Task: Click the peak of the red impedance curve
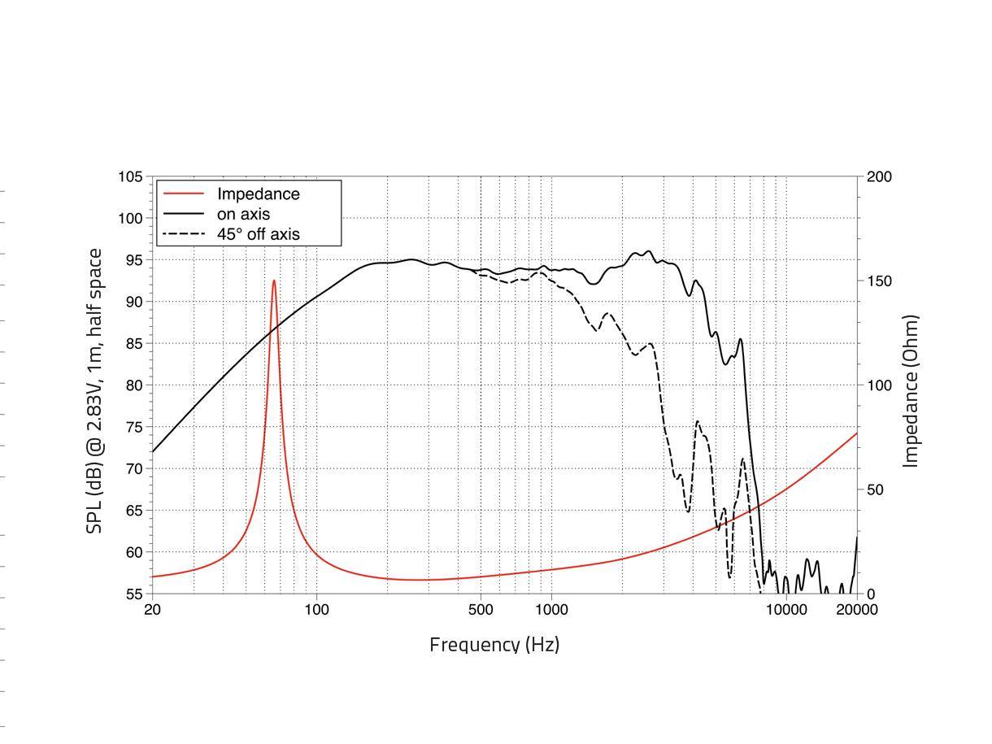click(274, 281)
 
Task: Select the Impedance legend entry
click(258, 194)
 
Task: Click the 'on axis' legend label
click(243, 215)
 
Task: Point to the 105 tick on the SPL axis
click(130, 177)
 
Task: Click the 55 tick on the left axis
click(134, 594)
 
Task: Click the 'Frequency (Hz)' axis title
click(494, 645)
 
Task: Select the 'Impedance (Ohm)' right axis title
click(911, 391)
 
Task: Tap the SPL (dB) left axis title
click(95, 391)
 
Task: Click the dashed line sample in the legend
click(183, 234)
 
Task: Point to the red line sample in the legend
click(183, 194)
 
